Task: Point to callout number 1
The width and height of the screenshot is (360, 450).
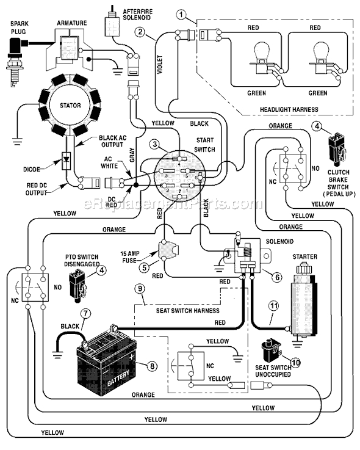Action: pos(181,14)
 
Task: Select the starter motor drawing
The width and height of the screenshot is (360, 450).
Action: pos(303,297)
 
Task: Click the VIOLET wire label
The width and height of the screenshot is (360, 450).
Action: pos(160,65)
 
